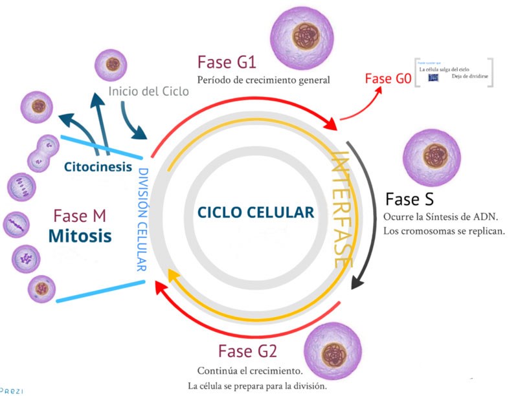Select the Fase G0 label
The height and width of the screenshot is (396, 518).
tap(387, 78)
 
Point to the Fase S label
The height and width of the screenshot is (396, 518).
tap(409, 199)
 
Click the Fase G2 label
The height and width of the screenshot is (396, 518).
tap(247, 351)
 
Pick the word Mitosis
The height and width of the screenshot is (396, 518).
tap(79, 236)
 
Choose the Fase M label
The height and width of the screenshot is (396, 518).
tap(80, 215)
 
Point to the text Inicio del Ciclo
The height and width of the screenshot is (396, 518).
tap(149, 91)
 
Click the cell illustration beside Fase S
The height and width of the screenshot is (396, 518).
tap(433, 157)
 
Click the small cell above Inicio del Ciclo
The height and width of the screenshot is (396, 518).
tap(113, 65)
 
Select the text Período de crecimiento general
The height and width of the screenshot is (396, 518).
tap(264, 80)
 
